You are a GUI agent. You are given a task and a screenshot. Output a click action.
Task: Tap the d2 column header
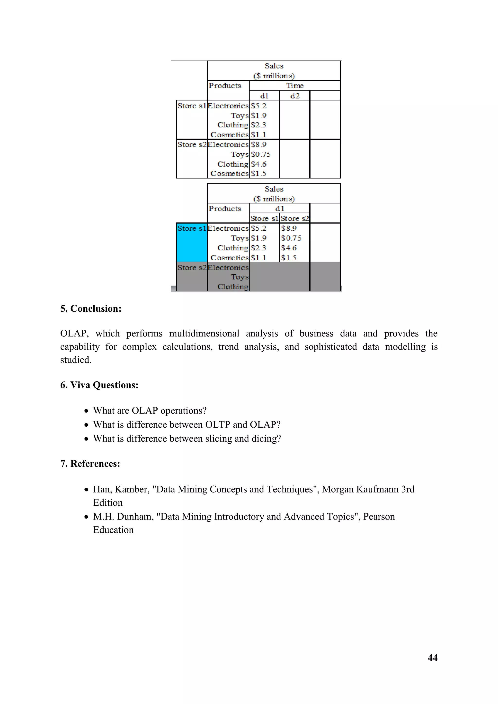pos(295,96)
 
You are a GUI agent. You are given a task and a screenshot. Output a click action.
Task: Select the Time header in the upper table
pos(295,86)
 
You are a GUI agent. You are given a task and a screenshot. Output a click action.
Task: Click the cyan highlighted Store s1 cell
pos(192,242)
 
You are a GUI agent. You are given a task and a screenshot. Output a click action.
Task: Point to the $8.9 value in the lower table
pos(289,228)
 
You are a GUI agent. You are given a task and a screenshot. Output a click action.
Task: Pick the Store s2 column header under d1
pos(294,218)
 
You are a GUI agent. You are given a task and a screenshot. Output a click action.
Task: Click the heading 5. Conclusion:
pos(91,308)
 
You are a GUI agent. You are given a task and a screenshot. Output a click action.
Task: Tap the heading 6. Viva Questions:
pos(99,385)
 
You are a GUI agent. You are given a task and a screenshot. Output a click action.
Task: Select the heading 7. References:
pos(90,464)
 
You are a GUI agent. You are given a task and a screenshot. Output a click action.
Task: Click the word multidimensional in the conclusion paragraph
pos(204,334)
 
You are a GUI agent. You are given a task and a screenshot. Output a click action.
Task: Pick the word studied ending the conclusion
pos(75,360)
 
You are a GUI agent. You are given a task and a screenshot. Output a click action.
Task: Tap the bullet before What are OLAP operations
pos(87,411)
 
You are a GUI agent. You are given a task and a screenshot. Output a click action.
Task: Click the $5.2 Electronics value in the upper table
pos(258,106)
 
